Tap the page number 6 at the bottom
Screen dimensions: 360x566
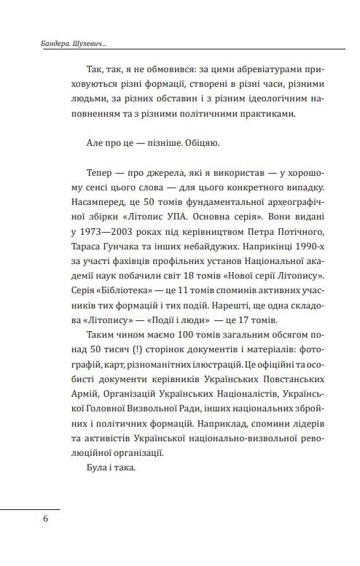pos(45,519)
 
